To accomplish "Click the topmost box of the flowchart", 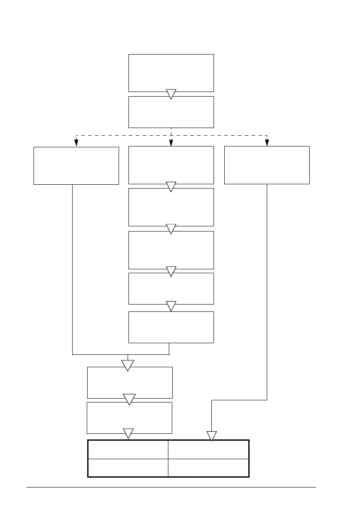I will point(171,72).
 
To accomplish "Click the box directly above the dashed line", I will point(171,112).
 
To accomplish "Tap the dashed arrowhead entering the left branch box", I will point(76,144).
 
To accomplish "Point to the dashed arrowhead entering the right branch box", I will point(267,144).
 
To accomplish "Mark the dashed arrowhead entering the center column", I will point(171,144).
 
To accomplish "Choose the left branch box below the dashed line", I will point(76,165).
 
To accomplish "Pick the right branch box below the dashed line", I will point(267,165).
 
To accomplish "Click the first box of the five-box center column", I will point(171,165).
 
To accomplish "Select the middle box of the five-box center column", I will point(171,250).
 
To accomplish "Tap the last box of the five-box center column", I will point(171,327).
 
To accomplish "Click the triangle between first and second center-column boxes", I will point(171,186).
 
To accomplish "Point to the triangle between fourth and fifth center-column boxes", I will point(171,306).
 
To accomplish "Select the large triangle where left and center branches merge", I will point(128,365).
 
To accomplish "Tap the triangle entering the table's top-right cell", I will point(212,436).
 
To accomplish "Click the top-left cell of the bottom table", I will point(128,449).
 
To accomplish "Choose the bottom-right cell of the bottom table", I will point(208,468).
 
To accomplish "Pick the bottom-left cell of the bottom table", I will point(128,468).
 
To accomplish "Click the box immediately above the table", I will point(129,418).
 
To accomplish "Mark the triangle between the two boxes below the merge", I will point(129,399).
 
